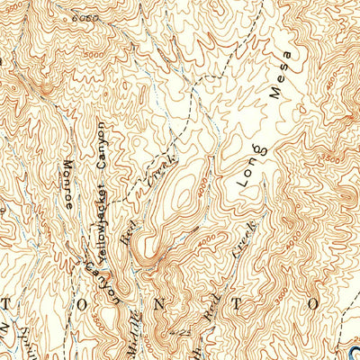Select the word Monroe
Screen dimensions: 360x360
(x=72, y=185)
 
